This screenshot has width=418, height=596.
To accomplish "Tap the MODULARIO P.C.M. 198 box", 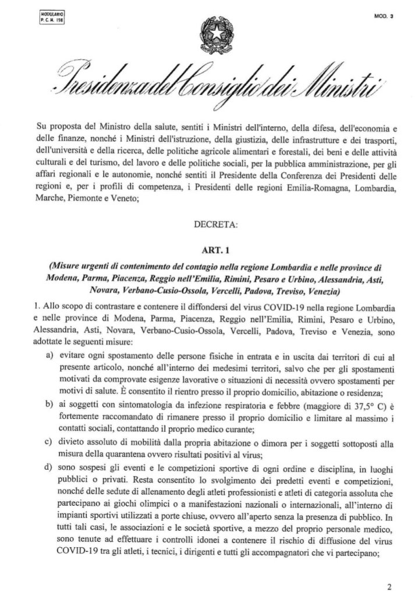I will (x=52, y=16).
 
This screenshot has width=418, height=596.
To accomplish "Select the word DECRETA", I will (x=209, y=222).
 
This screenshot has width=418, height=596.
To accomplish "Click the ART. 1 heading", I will (x=208, y=247).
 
